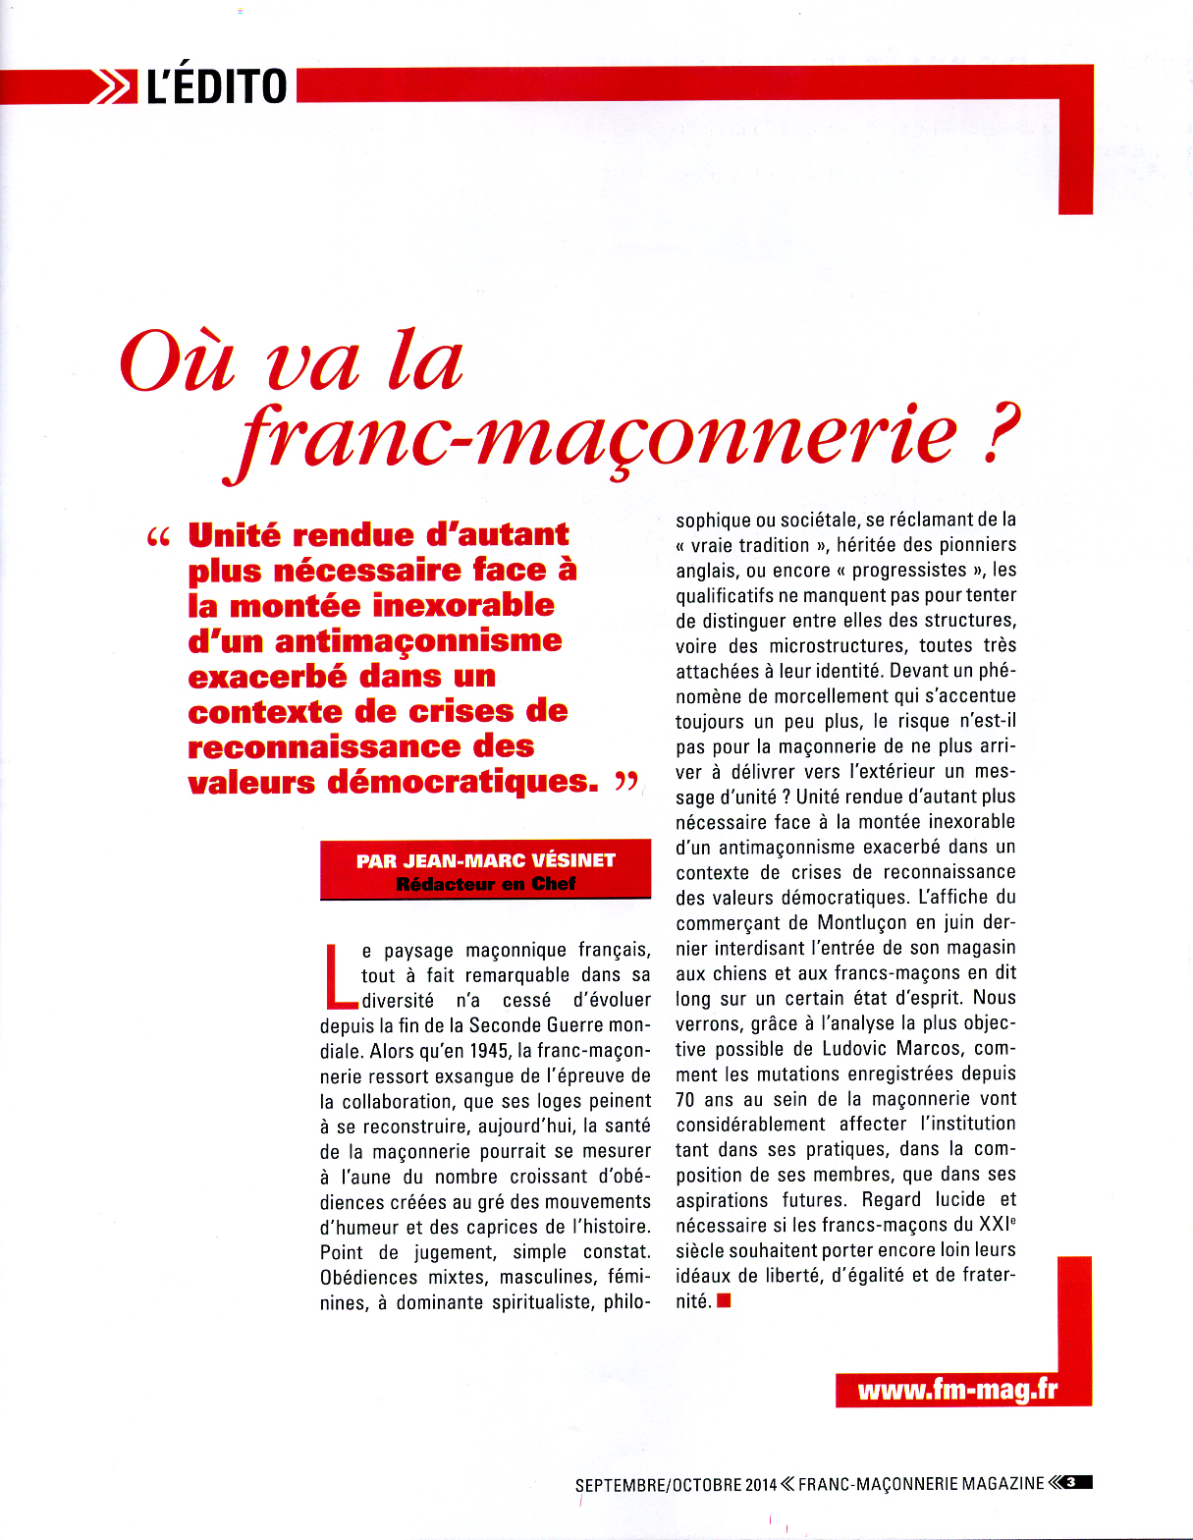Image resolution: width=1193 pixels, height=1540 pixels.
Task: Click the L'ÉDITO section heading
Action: tap(216, 86)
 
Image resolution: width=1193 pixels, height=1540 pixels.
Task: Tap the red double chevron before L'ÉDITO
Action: tap(114, 86)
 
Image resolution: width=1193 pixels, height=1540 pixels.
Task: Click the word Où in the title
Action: tap(177, 360)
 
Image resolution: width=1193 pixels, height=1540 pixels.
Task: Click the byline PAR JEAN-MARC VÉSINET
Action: tap(485, 860)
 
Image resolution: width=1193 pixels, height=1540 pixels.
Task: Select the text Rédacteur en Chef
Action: tap(485, 884)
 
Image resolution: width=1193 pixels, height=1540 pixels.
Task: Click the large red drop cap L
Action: tap(339, 976)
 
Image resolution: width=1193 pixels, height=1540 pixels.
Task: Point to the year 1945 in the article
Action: tap(489, 1050)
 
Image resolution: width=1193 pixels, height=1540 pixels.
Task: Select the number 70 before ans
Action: tap(686, 1099)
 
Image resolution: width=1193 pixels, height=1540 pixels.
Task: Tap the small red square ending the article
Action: tap(724, 1301)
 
